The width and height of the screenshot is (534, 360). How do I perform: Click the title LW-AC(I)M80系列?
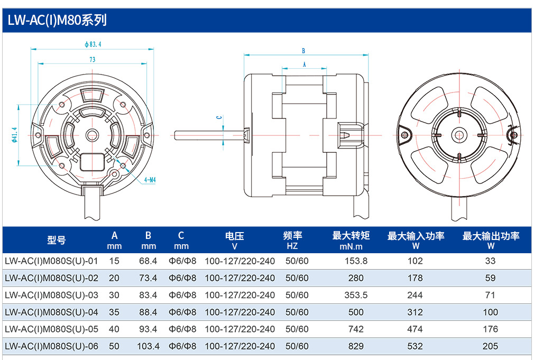(57, 20)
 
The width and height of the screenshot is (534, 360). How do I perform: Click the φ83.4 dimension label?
(93, 44)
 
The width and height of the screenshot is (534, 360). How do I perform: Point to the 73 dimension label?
(93, 60)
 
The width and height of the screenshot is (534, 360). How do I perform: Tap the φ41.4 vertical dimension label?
(14, 135)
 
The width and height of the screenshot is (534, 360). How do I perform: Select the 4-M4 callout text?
(150, 180)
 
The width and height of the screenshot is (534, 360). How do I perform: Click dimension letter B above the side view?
(303, 51)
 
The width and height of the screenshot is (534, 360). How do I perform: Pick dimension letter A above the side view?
(304, 64)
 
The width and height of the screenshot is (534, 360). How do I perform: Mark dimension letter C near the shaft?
(219, 117)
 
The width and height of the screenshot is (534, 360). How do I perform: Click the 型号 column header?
(57, 240)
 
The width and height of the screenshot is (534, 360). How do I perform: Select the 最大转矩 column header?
(351, 235)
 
